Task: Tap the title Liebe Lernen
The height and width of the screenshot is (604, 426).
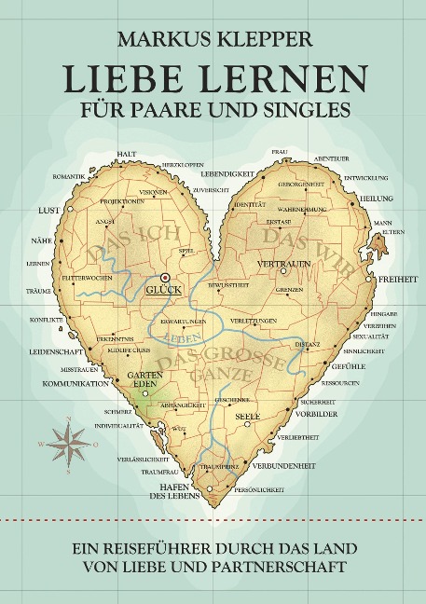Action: [213, 80]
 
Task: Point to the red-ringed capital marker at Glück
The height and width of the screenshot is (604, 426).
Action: [165, 277]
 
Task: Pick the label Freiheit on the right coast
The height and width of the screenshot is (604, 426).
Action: [396, 279]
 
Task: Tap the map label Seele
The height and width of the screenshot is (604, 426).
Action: [248, 416]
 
